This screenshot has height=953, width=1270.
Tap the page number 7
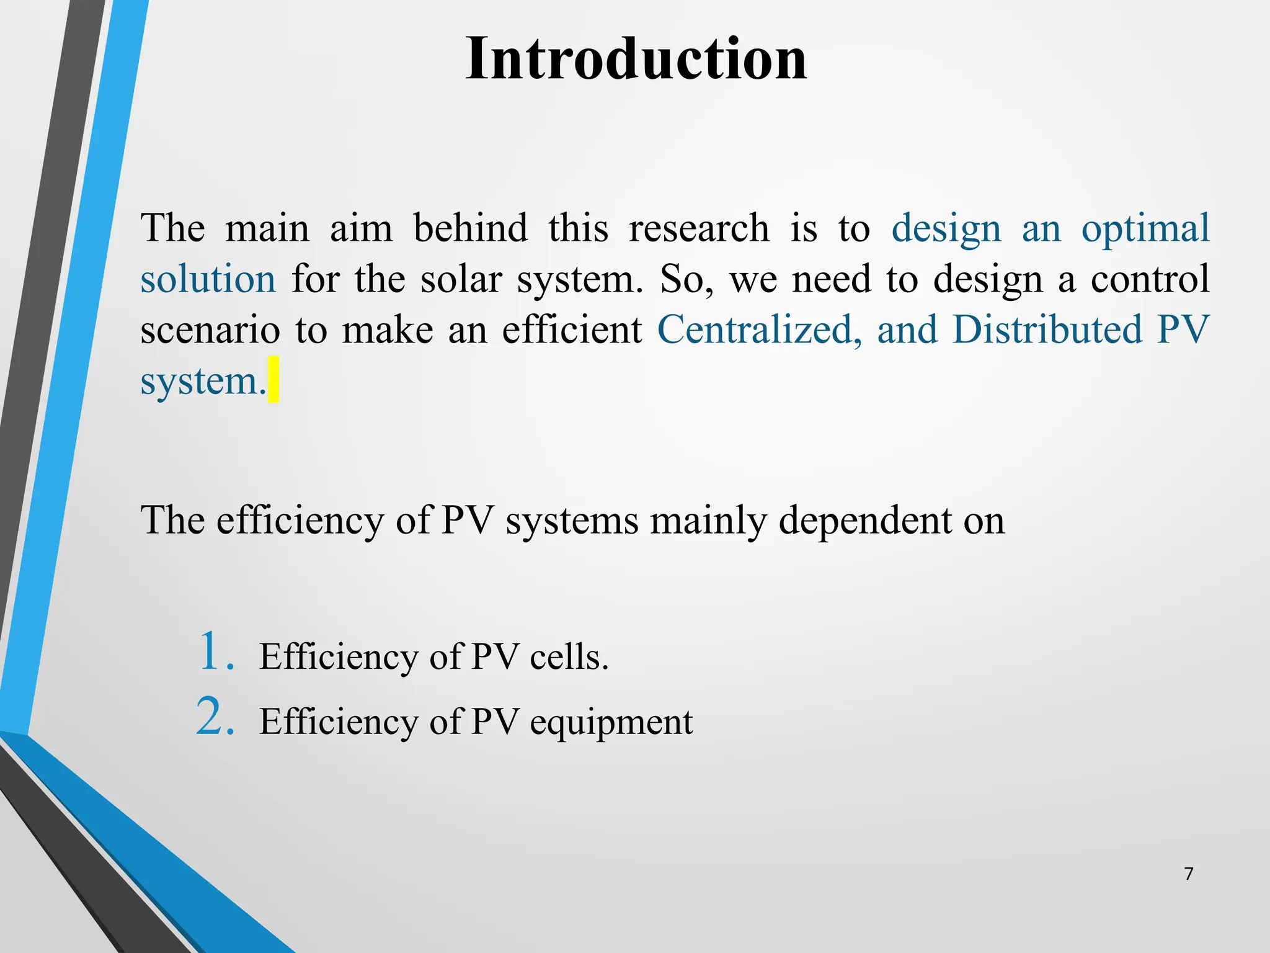click(1188, 874)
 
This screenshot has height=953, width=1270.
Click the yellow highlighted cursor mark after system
click(273, 380)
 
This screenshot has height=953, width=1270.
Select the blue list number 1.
click(216, 651)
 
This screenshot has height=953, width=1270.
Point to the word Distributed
click(1047, 329)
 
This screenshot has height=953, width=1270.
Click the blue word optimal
click(1145, 228)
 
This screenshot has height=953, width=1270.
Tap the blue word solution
click(208, 279)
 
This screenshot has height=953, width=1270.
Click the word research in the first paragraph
click(699, 228)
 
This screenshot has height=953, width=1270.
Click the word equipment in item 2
click(611, 723)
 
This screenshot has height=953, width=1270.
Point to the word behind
click(470, 228)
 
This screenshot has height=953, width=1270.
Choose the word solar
click(461, 279)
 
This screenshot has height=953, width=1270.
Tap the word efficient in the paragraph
click(572, 329)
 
